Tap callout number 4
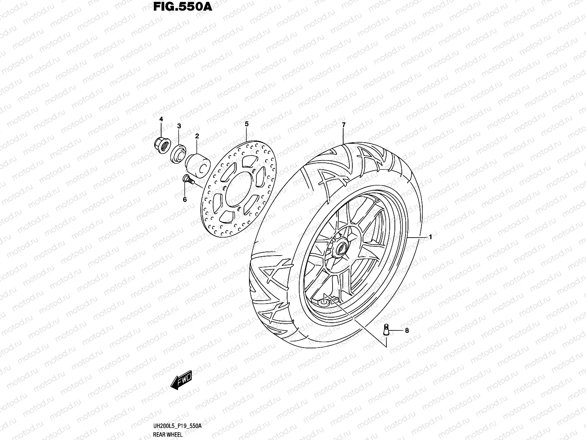coord(160,119)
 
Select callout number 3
coord(179,126)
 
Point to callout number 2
coord(197,136)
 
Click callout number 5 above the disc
coord(246,124)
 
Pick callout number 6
coord(185,199)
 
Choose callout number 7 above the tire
coord(344,125)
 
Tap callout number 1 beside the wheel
coord(431,237)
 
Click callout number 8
coord(407,331)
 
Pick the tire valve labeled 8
coord(386,329)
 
